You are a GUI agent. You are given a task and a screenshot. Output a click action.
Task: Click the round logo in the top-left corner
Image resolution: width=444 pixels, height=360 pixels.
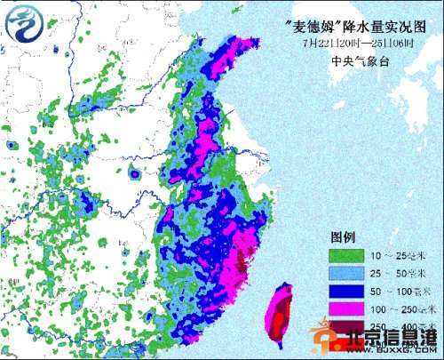point(23,23)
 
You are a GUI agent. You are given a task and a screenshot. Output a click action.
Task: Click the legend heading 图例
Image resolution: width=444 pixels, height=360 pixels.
point(344,237)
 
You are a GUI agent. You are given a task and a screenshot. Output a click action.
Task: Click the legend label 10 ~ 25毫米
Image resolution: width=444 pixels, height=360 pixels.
point(391,256)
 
